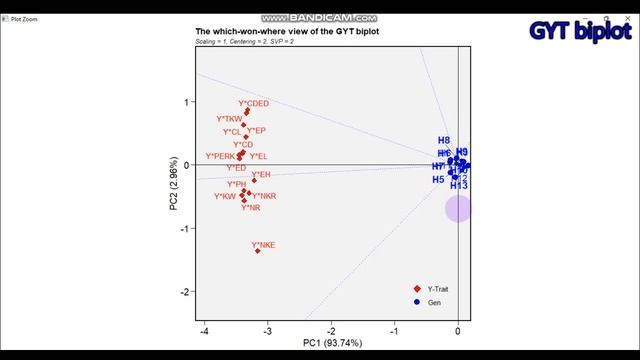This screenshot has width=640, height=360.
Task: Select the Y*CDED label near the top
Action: pos(253,104)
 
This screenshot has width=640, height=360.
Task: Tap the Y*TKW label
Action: pos(230,119)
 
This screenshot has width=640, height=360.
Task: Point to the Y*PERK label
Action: pos(220,156)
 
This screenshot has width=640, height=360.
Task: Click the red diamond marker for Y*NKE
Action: pos(258,251)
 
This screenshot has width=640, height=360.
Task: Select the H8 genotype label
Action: pos(444,140)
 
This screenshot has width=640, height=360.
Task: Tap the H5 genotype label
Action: pos(438,179)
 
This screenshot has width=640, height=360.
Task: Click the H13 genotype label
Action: pos(459,186)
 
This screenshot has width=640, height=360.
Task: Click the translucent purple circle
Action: pos(458,209)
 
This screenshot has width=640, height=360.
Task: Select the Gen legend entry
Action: pos(434,301)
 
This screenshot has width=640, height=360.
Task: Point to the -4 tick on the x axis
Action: pos(205,331)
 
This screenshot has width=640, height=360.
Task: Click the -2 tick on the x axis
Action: pos(331,331)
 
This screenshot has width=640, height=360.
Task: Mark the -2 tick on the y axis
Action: pos(184,292)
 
